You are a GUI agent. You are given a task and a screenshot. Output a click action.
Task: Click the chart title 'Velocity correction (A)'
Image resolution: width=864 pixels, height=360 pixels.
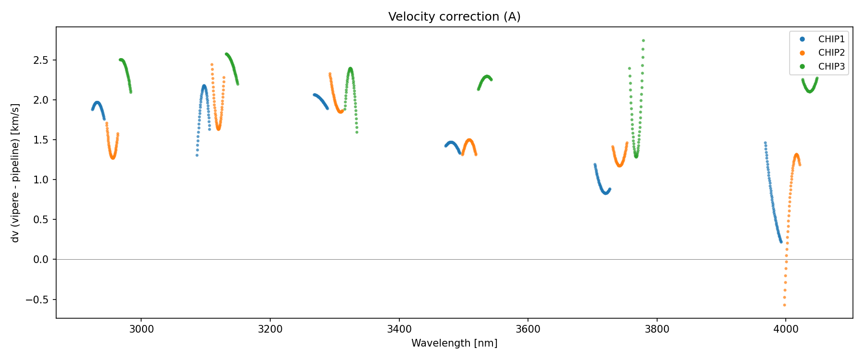click(x=454, y=17)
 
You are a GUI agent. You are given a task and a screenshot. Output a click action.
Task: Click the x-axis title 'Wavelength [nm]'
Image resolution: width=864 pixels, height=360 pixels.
click(x=454, y=343)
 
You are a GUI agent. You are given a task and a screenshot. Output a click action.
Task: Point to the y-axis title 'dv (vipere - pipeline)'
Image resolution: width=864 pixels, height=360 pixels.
click(x=15, y=173)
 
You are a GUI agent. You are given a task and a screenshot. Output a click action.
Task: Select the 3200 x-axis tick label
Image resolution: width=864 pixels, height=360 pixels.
click(x=270, y=329)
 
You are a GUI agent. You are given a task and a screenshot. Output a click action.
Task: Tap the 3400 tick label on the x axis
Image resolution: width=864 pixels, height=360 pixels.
click(x=399, y=329)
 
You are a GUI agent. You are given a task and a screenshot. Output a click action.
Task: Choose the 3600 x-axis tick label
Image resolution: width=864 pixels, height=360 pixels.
click(x=528, y=329)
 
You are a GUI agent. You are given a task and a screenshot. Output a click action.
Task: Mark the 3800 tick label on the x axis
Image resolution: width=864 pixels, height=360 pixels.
click(x=657, y=329)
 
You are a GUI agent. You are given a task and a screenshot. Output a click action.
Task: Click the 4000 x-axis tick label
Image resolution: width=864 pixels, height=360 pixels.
click(x=785, y=329)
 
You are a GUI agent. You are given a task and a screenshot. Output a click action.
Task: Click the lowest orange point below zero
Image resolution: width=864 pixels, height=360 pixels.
click(x=784, y=305)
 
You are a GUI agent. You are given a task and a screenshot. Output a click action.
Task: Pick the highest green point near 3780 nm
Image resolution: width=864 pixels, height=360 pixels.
click(x=643, y=41)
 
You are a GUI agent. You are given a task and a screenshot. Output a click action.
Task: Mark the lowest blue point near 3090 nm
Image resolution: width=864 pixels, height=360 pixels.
click(x=197, y=155)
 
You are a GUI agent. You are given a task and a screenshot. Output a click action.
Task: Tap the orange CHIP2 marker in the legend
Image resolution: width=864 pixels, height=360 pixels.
click(x=803, y=53)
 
